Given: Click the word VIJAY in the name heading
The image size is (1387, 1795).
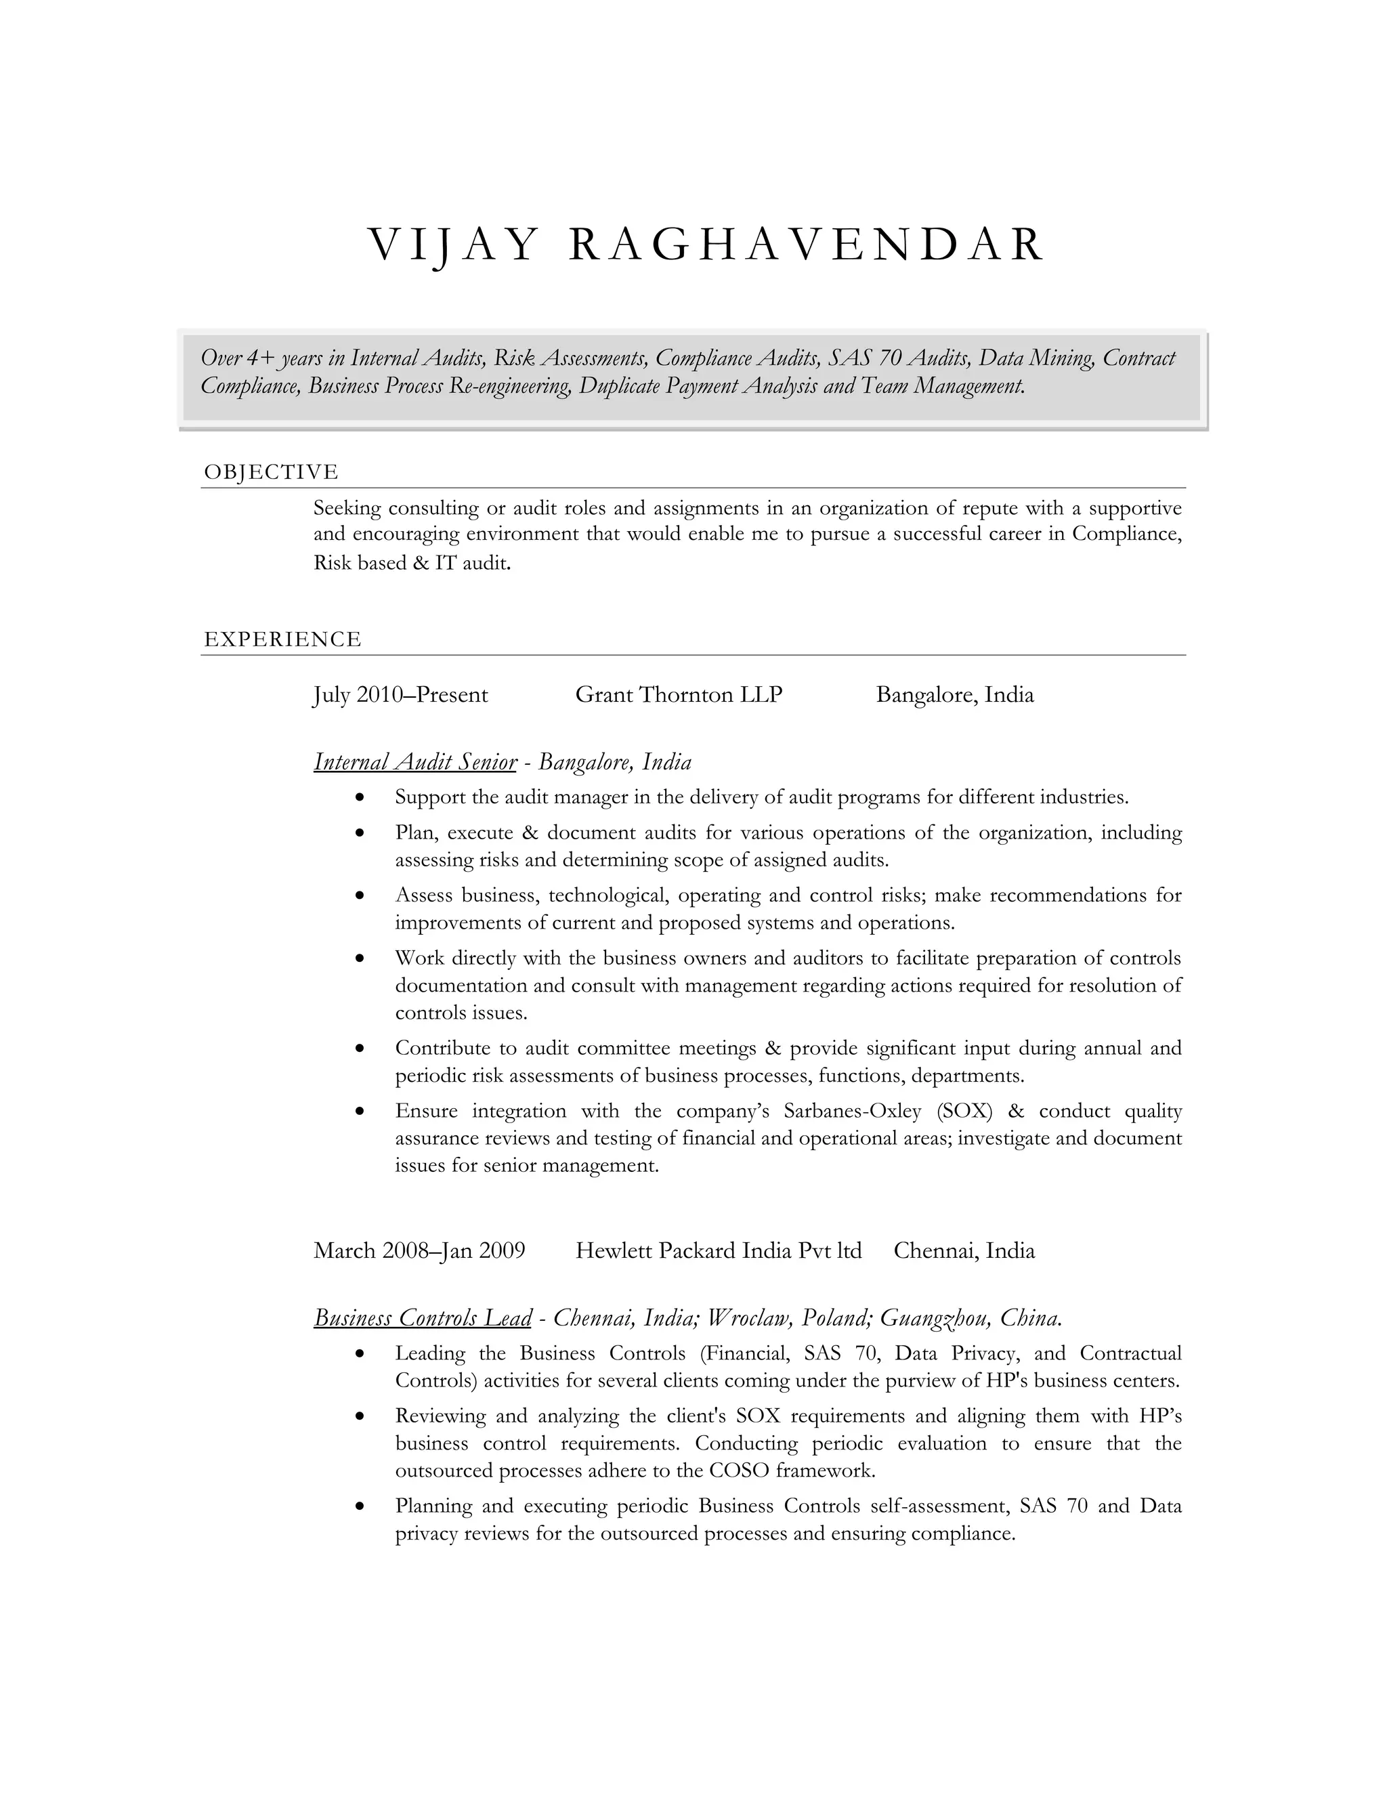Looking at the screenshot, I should pos(452,246).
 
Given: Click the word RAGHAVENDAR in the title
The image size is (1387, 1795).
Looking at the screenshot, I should pos(806,246).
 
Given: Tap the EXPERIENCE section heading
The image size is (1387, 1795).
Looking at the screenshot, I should pos(282,639).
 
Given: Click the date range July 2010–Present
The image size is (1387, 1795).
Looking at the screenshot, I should pos(401,696).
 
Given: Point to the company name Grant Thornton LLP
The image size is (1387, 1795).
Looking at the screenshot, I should pos(679,696).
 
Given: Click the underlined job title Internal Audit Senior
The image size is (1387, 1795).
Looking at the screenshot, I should pos(415,763).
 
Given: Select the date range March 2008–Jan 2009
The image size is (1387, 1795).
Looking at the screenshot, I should pos(419,1251).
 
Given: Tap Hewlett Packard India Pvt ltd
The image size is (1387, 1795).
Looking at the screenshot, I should pos(718,1251).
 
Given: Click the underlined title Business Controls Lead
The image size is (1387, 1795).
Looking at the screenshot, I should pos(423,1318).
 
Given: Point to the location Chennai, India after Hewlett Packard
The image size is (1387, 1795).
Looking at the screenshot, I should pos(964,1251).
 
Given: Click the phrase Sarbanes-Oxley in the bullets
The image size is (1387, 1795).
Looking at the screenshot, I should pos(852,1111).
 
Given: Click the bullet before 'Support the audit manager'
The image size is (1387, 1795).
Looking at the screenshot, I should pos(359,798).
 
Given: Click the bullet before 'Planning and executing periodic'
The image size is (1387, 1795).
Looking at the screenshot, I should pos(359,1507).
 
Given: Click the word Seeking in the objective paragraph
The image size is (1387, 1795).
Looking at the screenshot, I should pos(347,509).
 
